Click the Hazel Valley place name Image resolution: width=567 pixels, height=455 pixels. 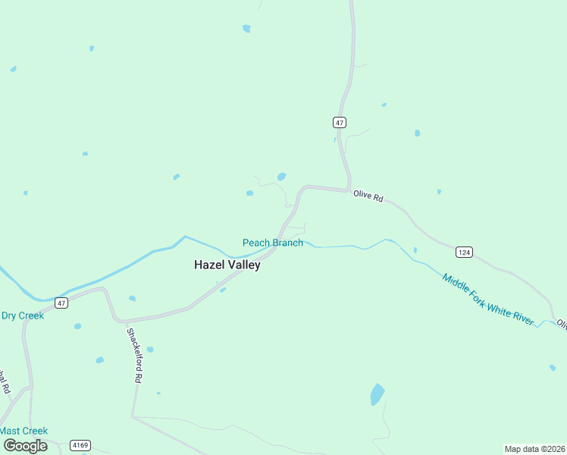(227, 265)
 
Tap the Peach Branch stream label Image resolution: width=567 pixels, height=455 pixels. (273, 243)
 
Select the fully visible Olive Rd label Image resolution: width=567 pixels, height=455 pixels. (368, 196)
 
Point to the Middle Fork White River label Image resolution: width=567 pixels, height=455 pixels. (489, 300)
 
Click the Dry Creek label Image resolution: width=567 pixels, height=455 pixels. (23, 315)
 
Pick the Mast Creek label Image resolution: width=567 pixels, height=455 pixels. (23, 431)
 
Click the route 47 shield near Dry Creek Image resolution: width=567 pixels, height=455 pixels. (61, 303)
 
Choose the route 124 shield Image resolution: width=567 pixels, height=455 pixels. (464, 251)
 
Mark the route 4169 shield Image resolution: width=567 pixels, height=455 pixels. (80, 445)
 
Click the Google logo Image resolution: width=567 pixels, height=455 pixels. (25, 446)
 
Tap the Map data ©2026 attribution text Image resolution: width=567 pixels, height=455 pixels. (534, 449)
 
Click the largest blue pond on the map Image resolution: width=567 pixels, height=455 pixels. (377, 394)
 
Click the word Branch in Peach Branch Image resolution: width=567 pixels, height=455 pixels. (286, 243)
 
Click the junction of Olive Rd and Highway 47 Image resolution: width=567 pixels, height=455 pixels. (348, 189)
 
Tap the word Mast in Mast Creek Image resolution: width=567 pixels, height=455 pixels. (11, 431)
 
